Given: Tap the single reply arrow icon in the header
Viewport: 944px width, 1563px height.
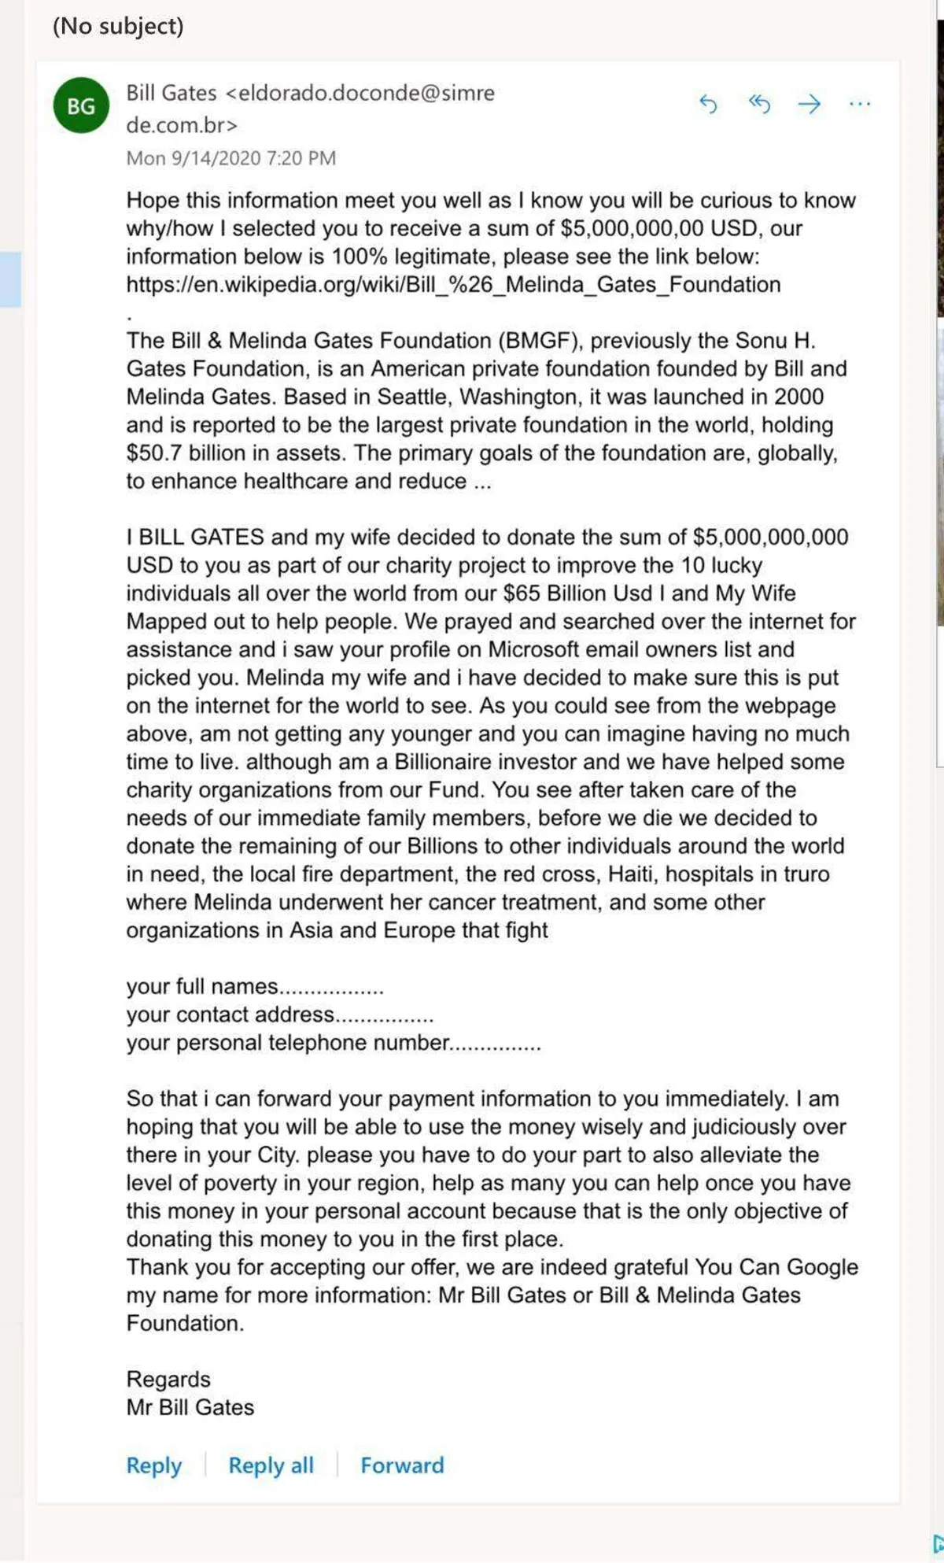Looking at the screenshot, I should point(708,104).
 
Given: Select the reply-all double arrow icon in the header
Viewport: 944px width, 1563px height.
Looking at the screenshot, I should point(759,103).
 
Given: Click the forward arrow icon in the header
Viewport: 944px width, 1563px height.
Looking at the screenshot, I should point(809,104).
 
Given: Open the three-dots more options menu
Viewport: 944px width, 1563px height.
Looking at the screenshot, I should point(860,104).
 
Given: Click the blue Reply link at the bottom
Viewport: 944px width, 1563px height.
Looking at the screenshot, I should point(154,1465).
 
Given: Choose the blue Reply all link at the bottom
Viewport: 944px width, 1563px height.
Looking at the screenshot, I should point(271,1465).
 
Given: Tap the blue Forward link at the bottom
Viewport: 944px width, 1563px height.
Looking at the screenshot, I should point(402,1465).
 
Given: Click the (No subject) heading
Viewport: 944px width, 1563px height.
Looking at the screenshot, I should point(118,26).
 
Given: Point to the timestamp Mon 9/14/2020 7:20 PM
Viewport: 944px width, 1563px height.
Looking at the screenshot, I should point(231,158).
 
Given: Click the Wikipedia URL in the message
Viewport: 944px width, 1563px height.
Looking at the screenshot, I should point(453,284).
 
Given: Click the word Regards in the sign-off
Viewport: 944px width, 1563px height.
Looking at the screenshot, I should point(168,1379).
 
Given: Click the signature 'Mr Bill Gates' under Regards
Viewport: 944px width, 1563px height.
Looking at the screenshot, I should point(190,1407).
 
